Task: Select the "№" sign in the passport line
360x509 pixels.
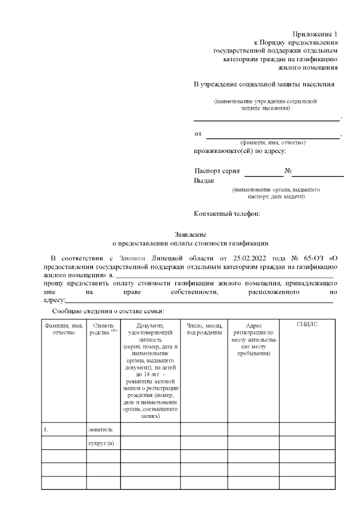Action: [x=287, y=170]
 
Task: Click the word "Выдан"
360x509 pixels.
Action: [x=204, y=181]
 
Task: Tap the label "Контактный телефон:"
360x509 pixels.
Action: [x=226, y=214]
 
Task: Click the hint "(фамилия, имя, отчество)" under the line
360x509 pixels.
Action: [x=273, y=143]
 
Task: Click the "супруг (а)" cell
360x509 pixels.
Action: [x=101, y=444]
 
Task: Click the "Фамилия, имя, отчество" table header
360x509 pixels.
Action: [x=64, y=329]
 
